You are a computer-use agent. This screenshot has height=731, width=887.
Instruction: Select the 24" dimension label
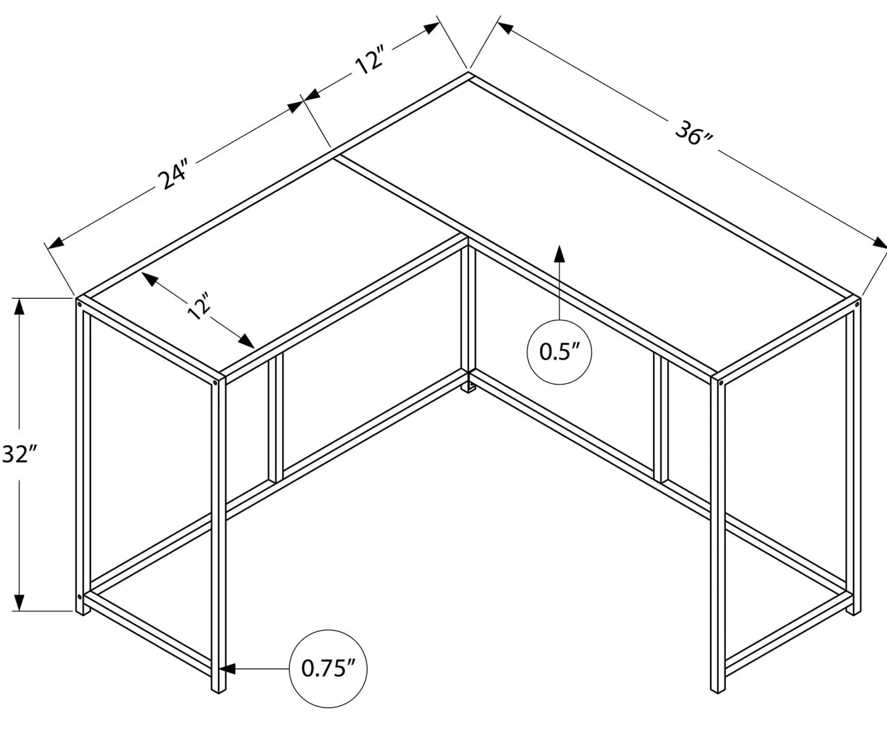pyautogui.click(x=173, y=174)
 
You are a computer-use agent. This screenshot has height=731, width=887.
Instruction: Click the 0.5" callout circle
pyautogui.click(x=559, y=352)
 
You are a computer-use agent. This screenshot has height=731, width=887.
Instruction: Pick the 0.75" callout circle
pyautogui.click(x=328, y=668)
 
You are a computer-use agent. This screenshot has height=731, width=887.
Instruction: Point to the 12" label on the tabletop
pyautogui.click(x=199, y=305)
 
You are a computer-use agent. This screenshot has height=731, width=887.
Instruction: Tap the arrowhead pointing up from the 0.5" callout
pyautogui.click(x=560, y=253)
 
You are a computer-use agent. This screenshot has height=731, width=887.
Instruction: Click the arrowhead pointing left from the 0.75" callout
pyautogui.click(x=227, y=668)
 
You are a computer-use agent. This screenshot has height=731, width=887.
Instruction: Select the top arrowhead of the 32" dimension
pyautogui.click(x=19, y=307)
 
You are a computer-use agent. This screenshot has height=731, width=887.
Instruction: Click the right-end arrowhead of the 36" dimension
pyautogui.click(x=879, y=243)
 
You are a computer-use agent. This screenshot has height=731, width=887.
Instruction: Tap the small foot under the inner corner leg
pyautogui.click(x=468, y=387)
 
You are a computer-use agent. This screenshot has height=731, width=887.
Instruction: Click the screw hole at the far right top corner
pyautogui.click(x=857, y=304)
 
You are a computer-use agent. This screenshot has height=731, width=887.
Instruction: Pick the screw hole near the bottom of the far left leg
pyautogui.click(x=80, y=597)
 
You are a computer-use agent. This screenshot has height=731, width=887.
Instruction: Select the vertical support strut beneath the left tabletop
pyautogui.click(x=276, y=418)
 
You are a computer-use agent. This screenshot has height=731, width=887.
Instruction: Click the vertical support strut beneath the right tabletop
pyautogui.click(x=661, y=418)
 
